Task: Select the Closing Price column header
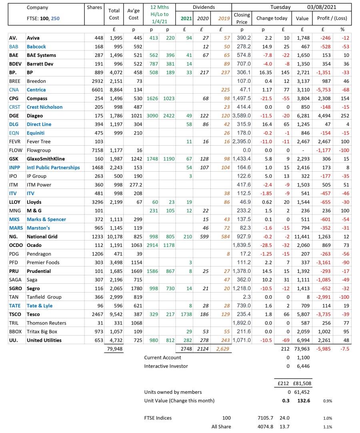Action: pos(242,18)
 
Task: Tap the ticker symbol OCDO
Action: pos(15,245)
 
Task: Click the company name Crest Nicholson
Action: pos(44,107)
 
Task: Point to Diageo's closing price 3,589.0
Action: pos(242,116)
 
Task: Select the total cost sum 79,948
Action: pos(114,349)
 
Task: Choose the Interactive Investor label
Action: pos(166,366)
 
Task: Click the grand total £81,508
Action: pos(302,383)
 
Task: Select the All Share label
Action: pos(221,427)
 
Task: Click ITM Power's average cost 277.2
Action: pos(133,184)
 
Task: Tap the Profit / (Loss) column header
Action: pos(332,18)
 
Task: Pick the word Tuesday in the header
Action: pos(281,7)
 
